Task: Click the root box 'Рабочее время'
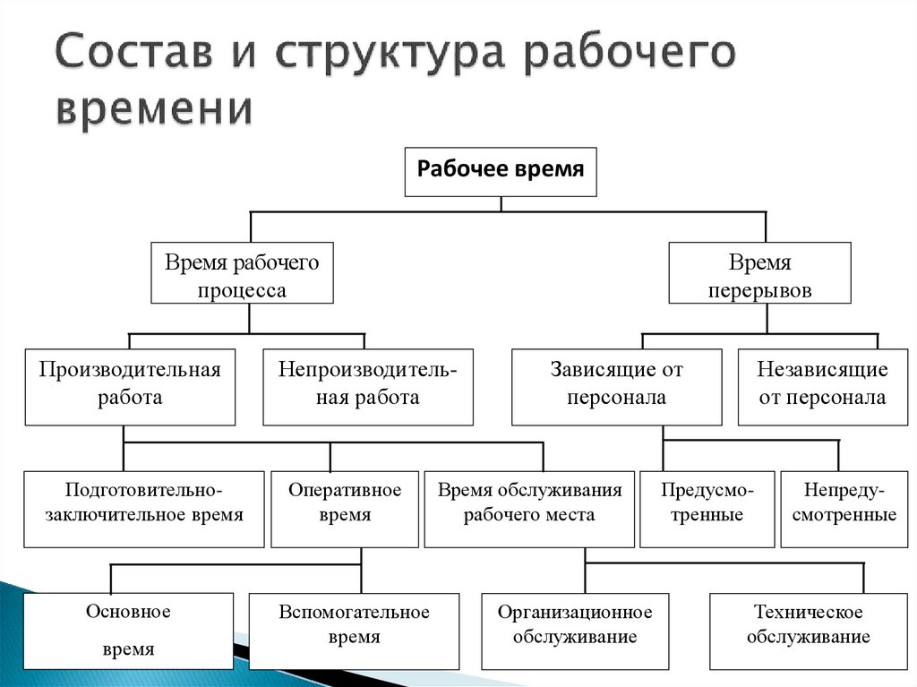(501, 171)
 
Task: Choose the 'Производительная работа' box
(130, 385)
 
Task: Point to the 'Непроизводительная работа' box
(367, 385)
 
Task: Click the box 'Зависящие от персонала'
(616, 385)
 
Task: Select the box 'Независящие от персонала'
(822, 385)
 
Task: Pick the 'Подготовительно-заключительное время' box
(143, 508)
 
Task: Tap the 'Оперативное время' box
(344, 508)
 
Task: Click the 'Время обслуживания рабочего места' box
(529, 508)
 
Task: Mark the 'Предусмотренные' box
(707, 508)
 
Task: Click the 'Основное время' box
(128, 631)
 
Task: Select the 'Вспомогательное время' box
(354, 631)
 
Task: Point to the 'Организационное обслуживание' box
(574, 631)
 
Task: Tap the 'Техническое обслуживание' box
(808, 631)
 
